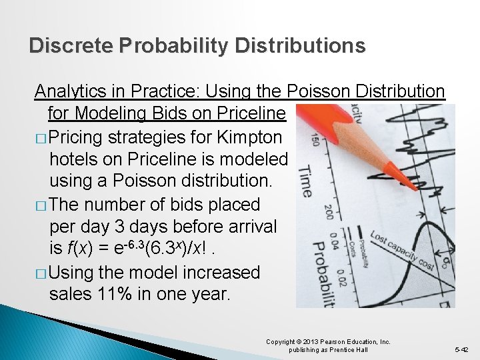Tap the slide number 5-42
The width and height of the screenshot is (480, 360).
tap(462, 349)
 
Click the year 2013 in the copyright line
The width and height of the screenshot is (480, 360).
tap(315, 342)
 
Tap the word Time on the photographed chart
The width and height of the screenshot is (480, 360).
tap(304, 180)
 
